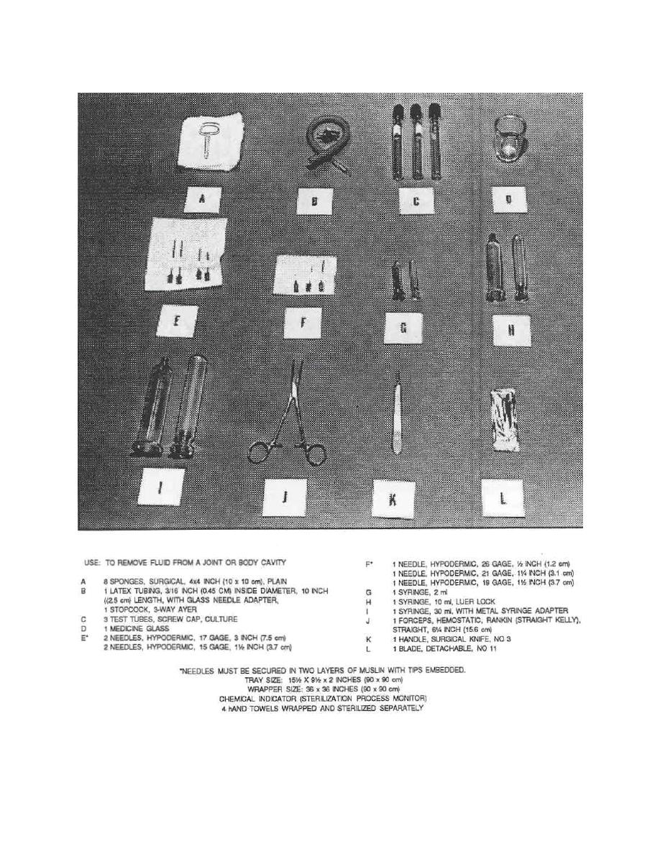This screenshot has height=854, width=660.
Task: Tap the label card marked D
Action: coord(508,199)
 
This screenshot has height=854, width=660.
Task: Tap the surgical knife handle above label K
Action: coord(397,417)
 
